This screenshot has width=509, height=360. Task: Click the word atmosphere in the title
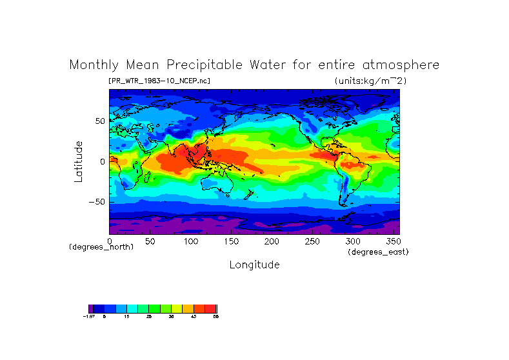pos(398,65)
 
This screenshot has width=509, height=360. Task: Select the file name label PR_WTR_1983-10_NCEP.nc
pos(159,81)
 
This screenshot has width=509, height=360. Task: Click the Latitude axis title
pos(78,161)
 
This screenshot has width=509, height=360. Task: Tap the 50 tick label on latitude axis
pos(99,121)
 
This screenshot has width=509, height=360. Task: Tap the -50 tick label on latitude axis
pos(96,202)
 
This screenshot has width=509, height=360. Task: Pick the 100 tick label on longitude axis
pos(190,241)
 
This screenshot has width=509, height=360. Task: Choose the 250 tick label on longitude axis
pos(312,241)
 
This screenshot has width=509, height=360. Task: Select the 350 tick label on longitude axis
pos(394,241)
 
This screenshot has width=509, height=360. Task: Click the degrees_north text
pos(101,247)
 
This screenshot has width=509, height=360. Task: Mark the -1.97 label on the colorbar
pos(90,317)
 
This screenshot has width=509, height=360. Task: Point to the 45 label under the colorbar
pos(194,317)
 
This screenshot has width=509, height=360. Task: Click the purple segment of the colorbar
pos(91,308)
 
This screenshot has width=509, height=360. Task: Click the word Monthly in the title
pos(95,65)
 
